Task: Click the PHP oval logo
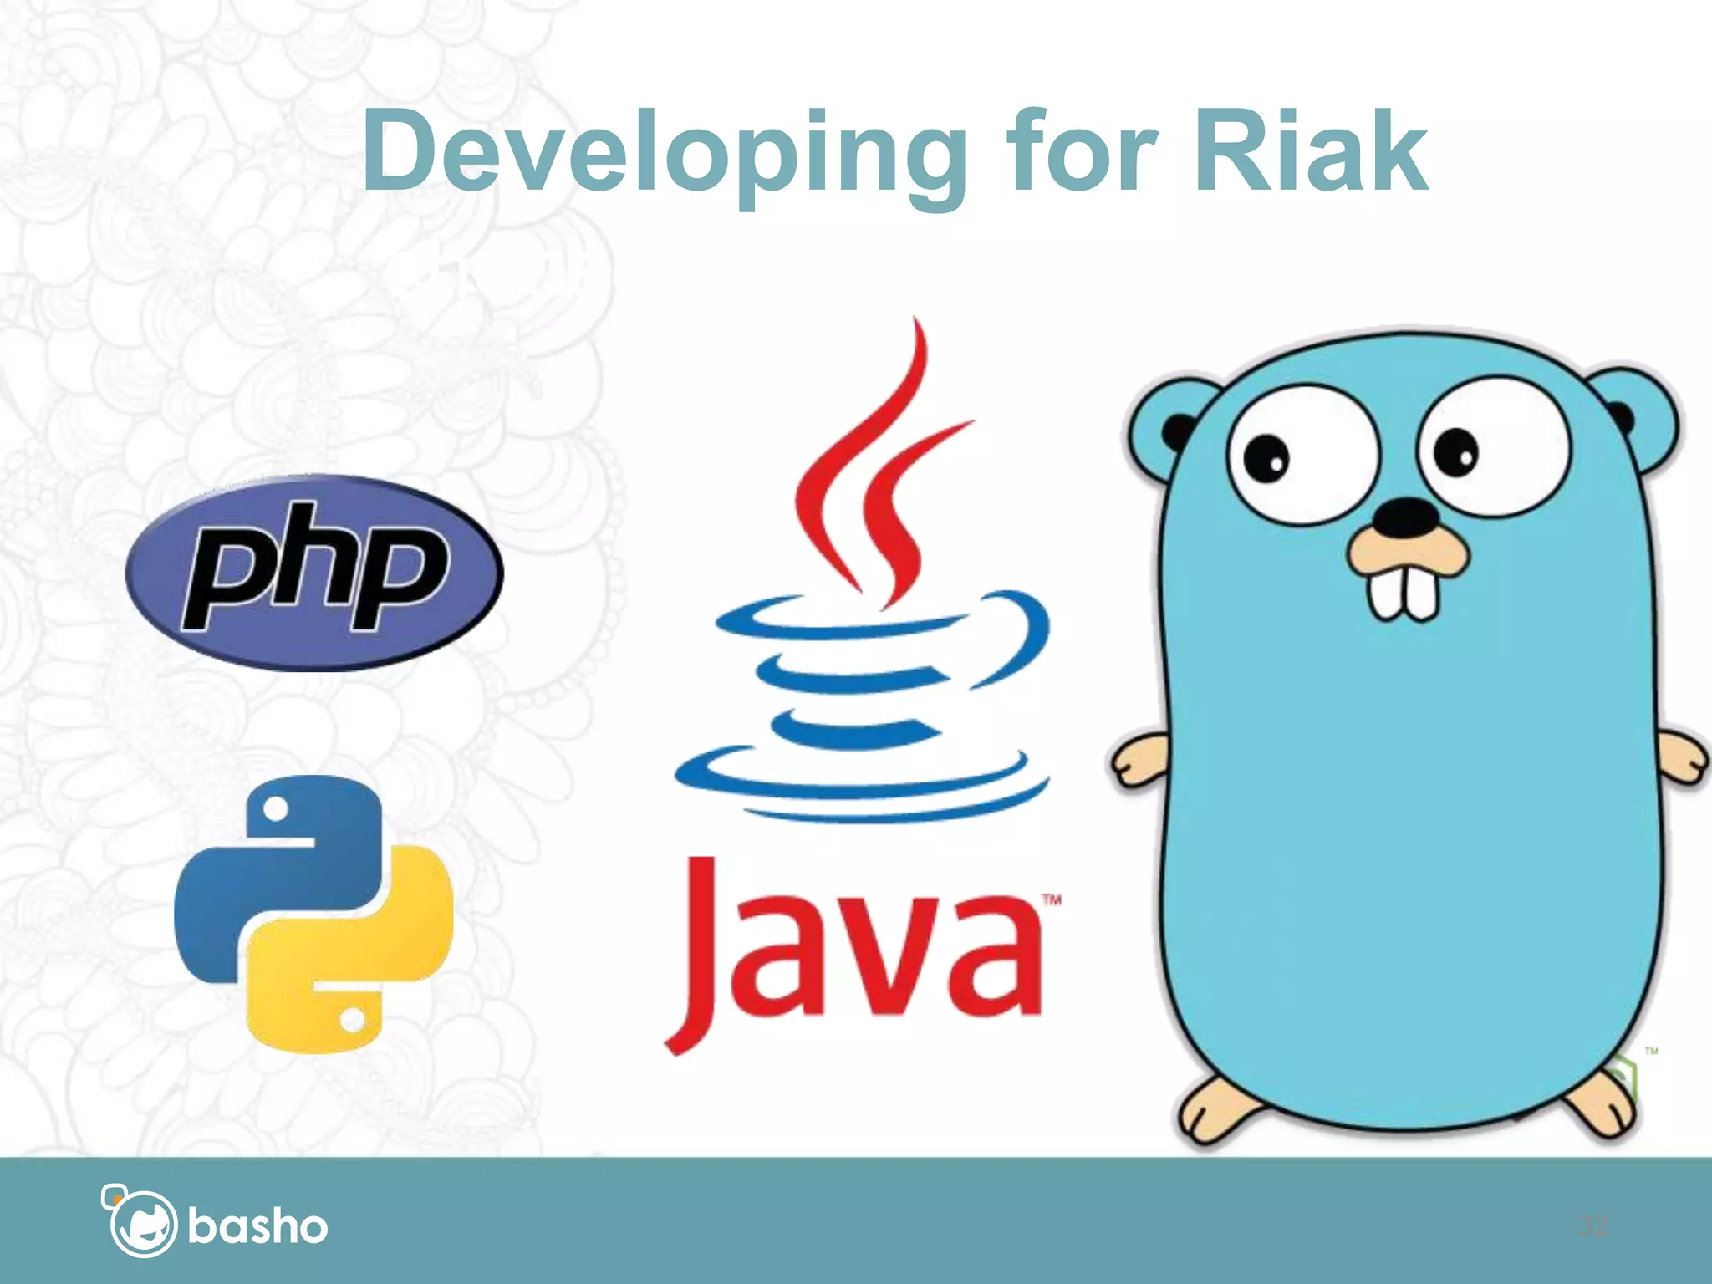coord(314,573)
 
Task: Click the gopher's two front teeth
coord(1404,594)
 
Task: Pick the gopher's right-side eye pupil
coord(1456,451)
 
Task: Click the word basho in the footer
coord(257,1226)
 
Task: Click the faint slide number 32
coord(1592,1226)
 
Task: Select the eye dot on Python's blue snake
coord(276,808)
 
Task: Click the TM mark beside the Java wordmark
coord(1052,900)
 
